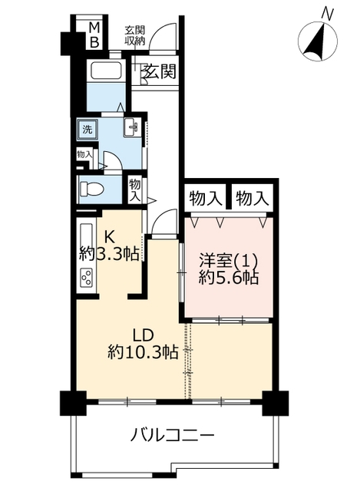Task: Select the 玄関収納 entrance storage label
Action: pyautogui.click(x=135, y=35)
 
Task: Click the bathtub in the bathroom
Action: pyautogui.click(x=106, y=70)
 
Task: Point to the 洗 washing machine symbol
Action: pyautogui.click(x=88, y=130)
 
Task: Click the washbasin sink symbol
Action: pyautogui.click(x=131, y=127)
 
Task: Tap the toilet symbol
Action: pyautogui.click(x=92, y=189)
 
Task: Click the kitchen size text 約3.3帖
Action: pyautogui.click(x=109, y=254)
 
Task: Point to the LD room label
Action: pyautogui.click(x=144, y=335)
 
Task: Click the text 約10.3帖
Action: pyautogui.click(x=144, y=353)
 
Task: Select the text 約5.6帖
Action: pyautogui.click(x=229, y=277)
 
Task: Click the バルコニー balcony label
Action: pyautogui.click(x=172, y=435)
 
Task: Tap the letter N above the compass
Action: pyautogui.click(x=328, y=14)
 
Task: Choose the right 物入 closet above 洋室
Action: pyautogui.click(x=253, y=198)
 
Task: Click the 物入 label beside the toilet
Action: pyautogui.click(x=135, y=189)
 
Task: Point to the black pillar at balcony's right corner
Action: pyautogui.click(x=275, y=403)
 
